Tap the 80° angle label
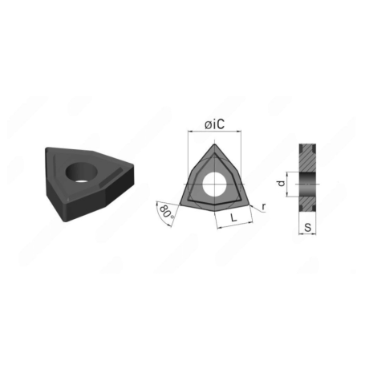(x=165, y=212)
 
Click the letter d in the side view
(x=280, y=184)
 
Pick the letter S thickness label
(x=308, y=227)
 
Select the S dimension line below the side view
(x=308, y=235)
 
